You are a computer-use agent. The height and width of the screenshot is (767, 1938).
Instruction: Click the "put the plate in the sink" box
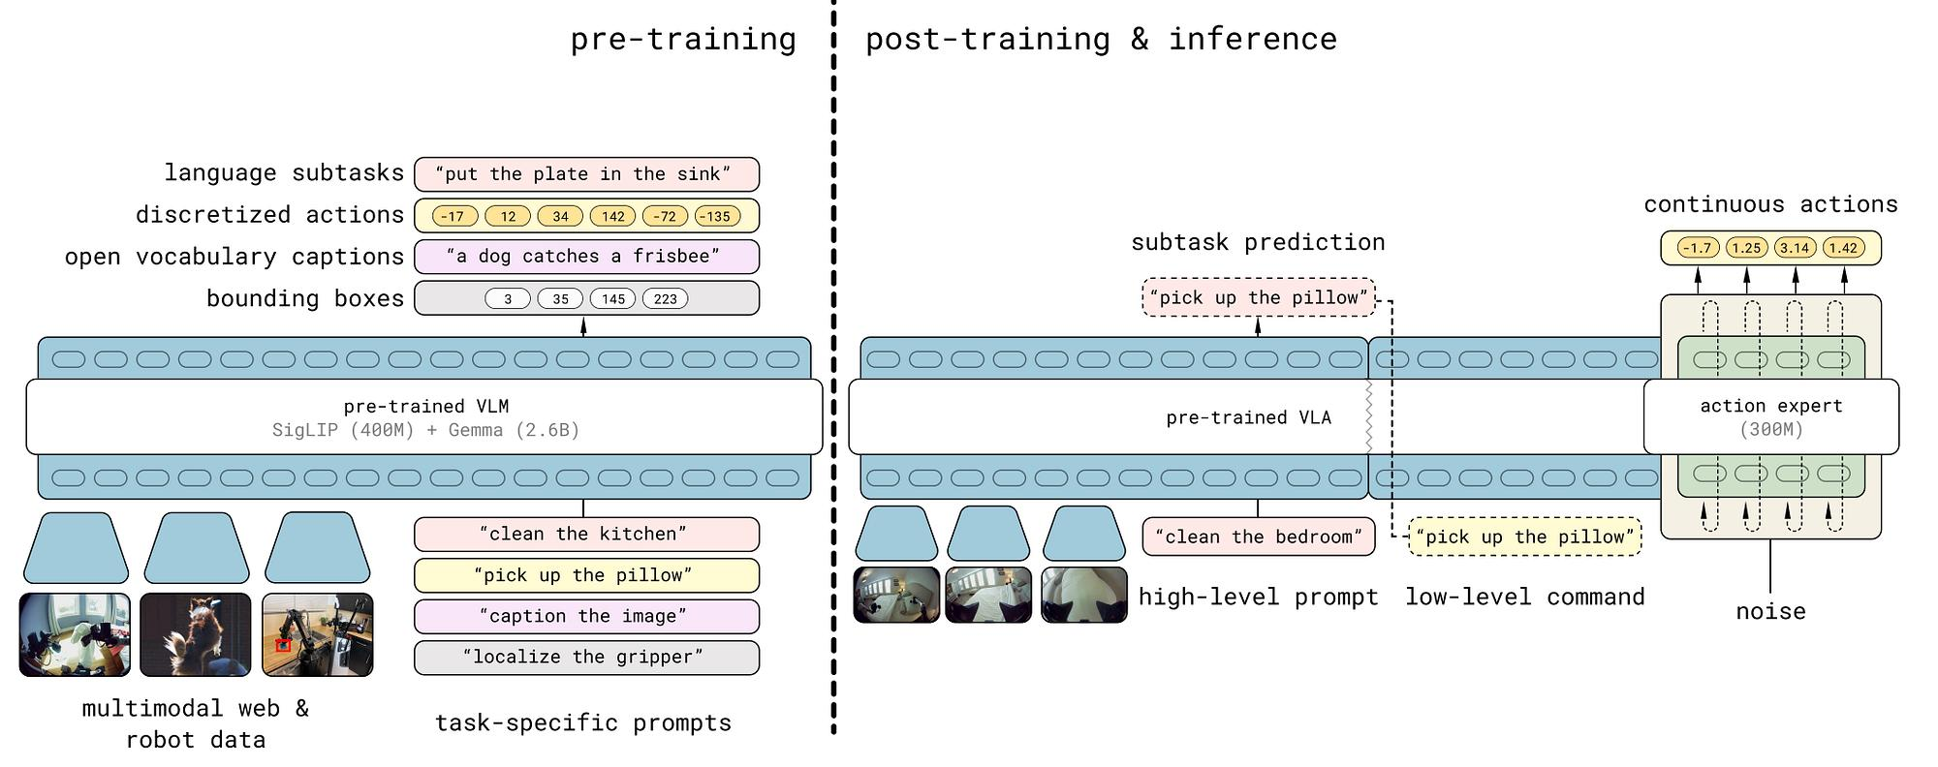(x=586, y=174)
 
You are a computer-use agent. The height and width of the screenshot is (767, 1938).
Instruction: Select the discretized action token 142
(x=613, y=216)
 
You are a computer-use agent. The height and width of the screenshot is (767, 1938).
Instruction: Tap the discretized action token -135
(x=717, y=216)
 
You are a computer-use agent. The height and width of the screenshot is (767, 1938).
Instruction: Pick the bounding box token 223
(x=666, y=298)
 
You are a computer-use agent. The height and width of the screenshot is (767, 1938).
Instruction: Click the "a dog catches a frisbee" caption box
(x=586, y=257)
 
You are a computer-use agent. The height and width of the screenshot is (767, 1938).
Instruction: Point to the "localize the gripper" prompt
(x=586, y=658)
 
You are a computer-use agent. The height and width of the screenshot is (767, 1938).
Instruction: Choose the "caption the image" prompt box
(x=586, y=616)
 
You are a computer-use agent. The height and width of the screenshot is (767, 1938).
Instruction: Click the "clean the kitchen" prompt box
(x=586, y=534)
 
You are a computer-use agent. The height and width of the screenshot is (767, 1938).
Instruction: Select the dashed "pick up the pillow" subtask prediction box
(x=1259, y=297)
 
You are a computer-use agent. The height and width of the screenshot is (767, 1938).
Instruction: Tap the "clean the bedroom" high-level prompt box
(x=1259, y=537)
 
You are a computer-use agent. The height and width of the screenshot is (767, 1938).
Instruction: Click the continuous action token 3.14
(x=1795, y=248)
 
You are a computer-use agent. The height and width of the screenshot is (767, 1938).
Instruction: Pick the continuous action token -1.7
(x=1698, y=248)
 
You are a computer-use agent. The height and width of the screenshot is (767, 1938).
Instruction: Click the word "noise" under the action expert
(x=1770, y=611)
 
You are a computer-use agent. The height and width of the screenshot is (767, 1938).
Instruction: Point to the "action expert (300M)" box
(x=1771, y=417)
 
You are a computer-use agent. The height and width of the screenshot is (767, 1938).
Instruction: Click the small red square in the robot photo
(x=283, y=645)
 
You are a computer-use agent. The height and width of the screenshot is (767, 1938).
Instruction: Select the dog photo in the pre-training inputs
(x=196, y=634)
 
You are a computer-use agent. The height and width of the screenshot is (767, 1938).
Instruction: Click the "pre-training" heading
(x=683, y=39)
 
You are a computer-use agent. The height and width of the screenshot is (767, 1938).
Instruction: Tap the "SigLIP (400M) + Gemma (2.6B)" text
(x=425, y=430)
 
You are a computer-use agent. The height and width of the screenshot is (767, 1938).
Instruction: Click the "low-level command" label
(x=1525, y=597)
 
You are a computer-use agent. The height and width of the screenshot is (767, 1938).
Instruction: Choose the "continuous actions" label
(x=1770, y=204)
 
